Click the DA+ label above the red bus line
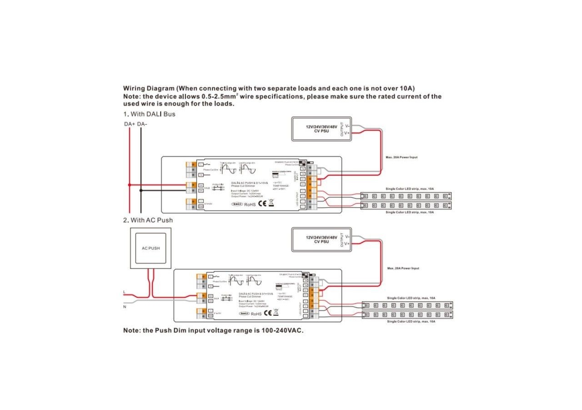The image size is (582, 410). click(x=130, y=124)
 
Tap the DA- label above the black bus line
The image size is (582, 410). click(x=141, y=124)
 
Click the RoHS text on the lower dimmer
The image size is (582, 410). click(x=256, y=314)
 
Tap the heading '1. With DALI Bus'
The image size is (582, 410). click(x=149, y=114)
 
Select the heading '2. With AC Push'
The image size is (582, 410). click(x=148, y=220)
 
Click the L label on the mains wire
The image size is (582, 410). click(x=125, y=292)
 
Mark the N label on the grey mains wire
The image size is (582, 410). click(x=125, y=307)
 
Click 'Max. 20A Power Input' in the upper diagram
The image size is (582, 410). click(x=401, y=157)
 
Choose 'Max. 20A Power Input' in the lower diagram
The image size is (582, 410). click(x=403, y=268)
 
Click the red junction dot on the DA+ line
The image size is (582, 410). click(x=130, y=185)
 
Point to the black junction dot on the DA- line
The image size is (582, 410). click(x=140, y=191)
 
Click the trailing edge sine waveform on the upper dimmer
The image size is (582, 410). click(x=229, y=169)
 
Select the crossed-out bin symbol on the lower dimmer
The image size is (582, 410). click(x=276, y=313)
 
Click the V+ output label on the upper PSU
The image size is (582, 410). click(x=347, y=133)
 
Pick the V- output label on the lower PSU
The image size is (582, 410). click(x=347, y=237)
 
